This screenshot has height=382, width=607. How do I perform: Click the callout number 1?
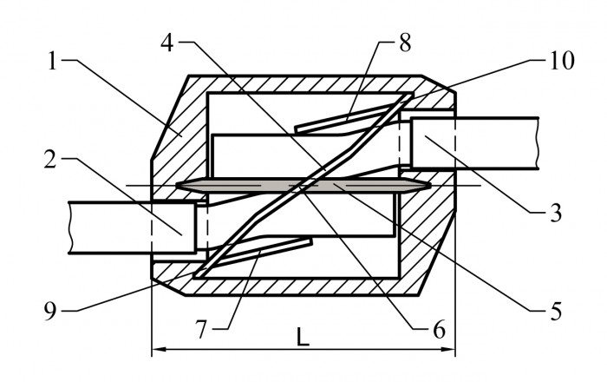coord(53,61)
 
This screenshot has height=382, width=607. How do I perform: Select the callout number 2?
coord(50,159)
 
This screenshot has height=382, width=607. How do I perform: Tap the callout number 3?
coord(556,213)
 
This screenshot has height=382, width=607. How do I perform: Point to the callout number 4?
coord(167,43)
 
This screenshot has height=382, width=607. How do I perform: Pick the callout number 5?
coord(556,311)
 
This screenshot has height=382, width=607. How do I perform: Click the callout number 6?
coord(439,330)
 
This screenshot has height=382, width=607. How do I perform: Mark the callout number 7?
coord(200,330)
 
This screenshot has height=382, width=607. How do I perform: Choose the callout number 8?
coord(405,43)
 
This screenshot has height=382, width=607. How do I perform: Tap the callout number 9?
coord(50,311)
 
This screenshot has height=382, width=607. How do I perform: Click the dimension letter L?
coord(303,337)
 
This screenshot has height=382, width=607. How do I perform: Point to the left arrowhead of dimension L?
coord(155,350)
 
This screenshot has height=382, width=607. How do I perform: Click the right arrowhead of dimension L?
coord(451,350)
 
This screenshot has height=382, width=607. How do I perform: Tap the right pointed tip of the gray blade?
coord(430,186)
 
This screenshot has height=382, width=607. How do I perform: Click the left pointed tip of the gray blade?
coord(176,186)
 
